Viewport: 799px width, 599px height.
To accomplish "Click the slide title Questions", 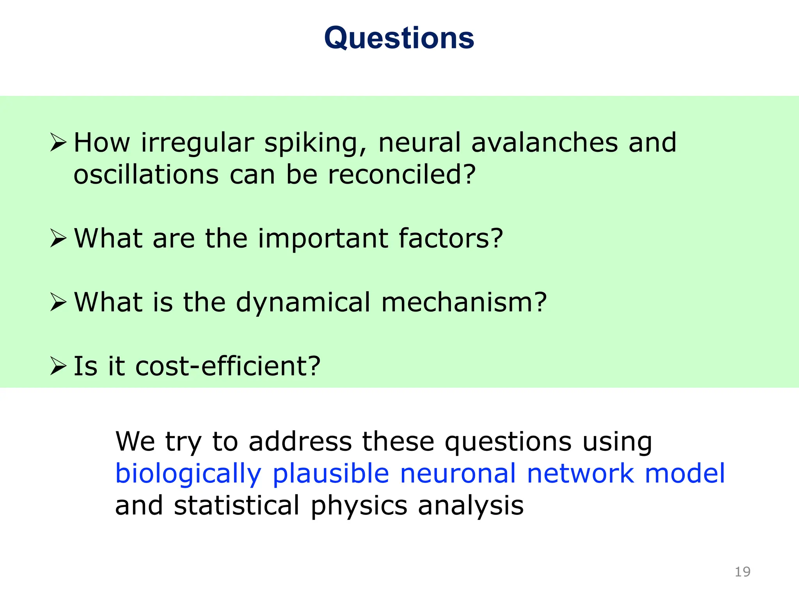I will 399,38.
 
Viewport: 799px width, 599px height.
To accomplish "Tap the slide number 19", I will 742,572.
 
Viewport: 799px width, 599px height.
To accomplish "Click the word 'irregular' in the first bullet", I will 197,144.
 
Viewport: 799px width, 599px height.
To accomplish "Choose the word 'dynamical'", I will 303,303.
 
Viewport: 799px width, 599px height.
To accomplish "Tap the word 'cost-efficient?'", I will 228,366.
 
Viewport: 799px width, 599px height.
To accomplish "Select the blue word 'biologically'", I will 188,474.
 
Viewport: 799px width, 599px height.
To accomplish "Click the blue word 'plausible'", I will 331,474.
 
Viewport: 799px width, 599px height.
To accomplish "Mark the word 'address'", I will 300,442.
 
